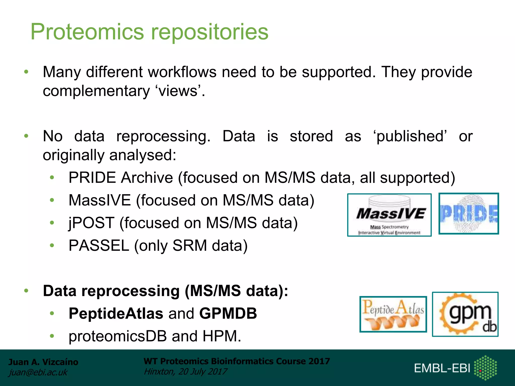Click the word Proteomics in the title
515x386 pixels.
87,32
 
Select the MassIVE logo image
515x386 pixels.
389,215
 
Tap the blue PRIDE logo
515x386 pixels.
468,214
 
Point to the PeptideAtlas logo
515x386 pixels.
393,314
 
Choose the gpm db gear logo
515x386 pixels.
465,314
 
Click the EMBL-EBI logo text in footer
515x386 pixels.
442,368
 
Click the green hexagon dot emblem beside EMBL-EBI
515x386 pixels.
485,367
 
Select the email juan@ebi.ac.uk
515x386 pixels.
38,372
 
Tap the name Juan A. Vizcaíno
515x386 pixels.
43,362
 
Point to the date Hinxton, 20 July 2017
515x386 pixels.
185,371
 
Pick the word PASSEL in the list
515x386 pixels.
99,246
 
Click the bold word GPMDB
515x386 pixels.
228,313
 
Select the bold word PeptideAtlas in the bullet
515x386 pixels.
116,313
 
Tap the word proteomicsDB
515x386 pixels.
117,336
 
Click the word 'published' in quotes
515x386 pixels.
410,136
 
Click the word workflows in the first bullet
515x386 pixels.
182,72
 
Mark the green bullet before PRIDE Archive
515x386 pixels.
52,178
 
